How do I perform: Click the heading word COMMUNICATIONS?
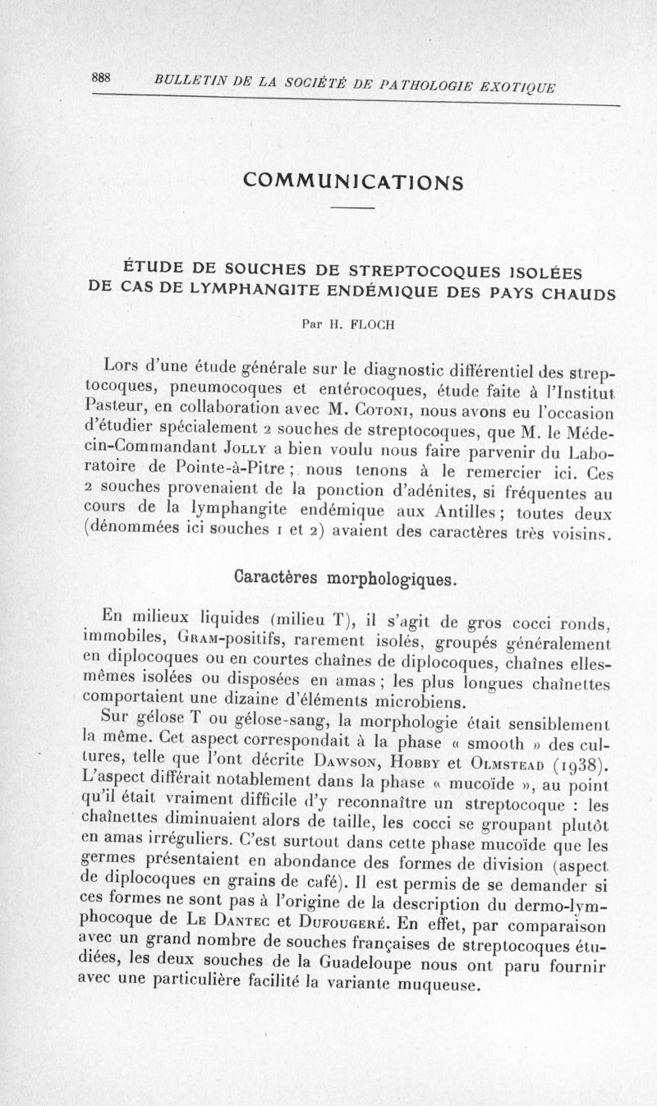click(x=351, y=181)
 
